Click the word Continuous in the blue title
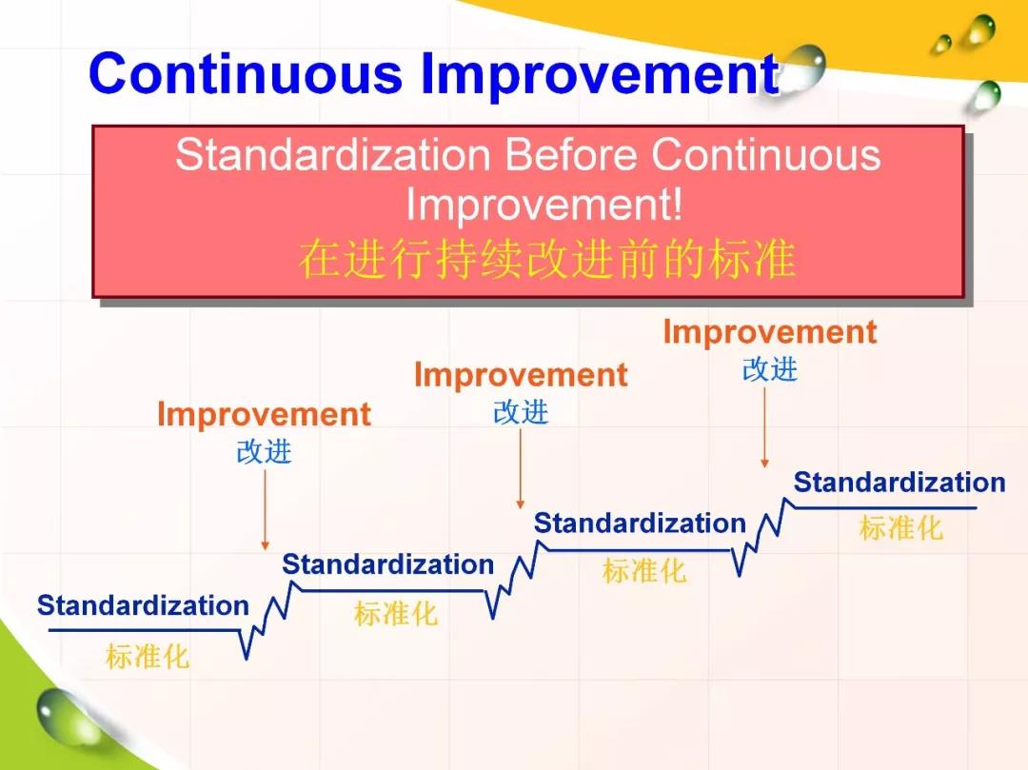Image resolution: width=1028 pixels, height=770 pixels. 246,72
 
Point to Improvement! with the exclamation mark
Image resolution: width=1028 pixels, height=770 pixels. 544,205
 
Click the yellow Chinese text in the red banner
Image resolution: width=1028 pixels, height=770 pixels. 547,259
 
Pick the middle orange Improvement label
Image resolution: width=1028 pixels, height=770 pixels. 522,376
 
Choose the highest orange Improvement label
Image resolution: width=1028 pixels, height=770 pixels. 770,333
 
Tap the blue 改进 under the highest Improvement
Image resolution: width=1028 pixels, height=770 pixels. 770,369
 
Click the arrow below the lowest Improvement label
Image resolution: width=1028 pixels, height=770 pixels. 265,510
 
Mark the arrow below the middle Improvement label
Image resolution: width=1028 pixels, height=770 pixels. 521,469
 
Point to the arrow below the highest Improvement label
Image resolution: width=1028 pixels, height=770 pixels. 764,427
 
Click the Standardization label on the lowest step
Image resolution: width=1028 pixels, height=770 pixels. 143,605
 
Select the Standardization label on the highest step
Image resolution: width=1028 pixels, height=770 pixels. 899,483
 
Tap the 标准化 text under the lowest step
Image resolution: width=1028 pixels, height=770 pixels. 148,657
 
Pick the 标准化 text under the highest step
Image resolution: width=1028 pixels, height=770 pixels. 901,528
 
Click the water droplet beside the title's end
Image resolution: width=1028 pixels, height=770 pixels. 803,66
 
